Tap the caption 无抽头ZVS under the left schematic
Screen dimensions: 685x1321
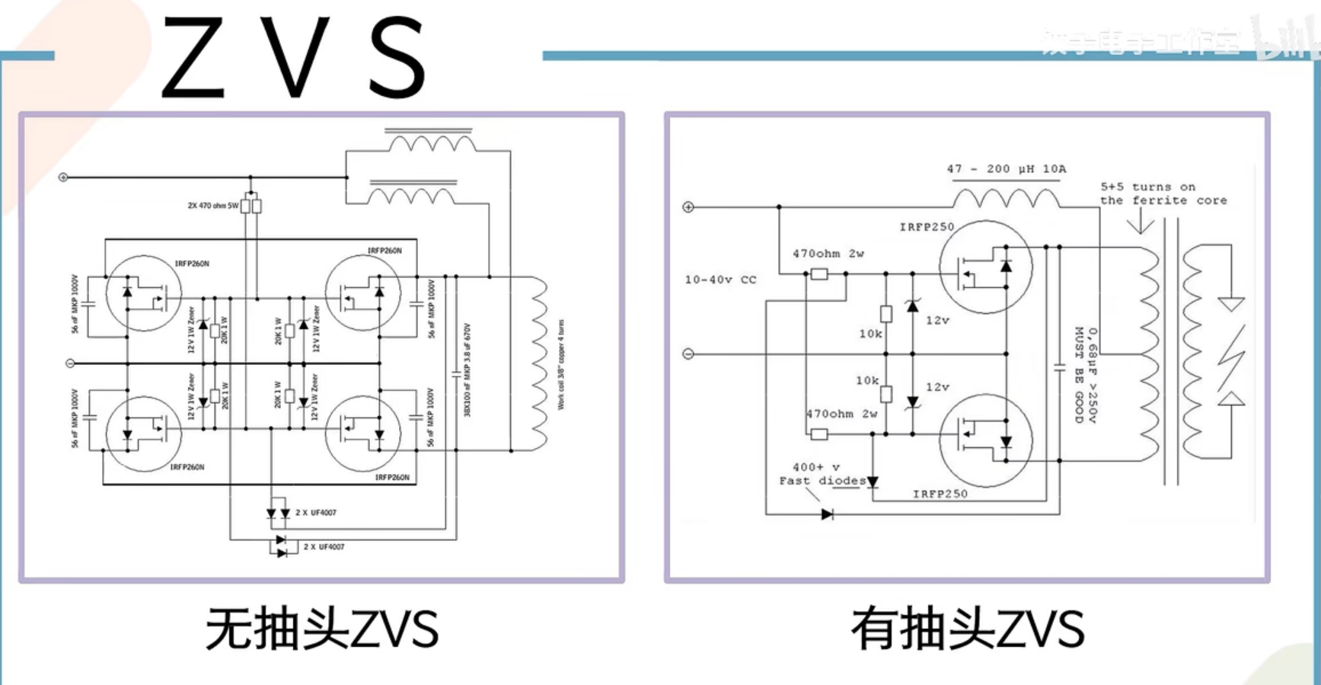(x=322, y=629)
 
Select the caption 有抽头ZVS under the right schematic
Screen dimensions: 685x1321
(x=968, y=629)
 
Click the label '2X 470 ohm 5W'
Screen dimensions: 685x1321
(x=212, y=206)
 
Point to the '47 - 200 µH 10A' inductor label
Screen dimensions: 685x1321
(x=1006, y=169)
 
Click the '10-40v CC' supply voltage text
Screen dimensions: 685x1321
(x=720, y=280)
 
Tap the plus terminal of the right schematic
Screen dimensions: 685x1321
(x=688, y=207)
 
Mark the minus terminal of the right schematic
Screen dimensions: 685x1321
(x=688, y=354)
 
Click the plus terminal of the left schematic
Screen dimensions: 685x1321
(x=63, y=178)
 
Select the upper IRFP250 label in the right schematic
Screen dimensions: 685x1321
(x=926, y=227)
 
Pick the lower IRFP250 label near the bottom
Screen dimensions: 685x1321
(x=940, y=494)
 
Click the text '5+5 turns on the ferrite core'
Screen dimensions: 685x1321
(x=1163, y=194)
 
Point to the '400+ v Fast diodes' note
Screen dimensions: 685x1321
(x=821, y=474)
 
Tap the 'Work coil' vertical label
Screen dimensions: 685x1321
(x=562, y=365)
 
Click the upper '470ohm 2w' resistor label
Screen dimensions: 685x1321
(x=828, y=254)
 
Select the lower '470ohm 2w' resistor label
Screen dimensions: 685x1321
(x=841, y=414)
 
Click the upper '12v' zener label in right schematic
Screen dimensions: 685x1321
(x=937, y=321)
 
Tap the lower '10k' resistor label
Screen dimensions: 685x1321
(x=867, y=380)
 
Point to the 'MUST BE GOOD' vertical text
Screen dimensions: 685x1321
(x=1079, y=375)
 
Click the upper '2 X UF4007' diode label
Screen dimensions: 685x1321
(x=315, y=513)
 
